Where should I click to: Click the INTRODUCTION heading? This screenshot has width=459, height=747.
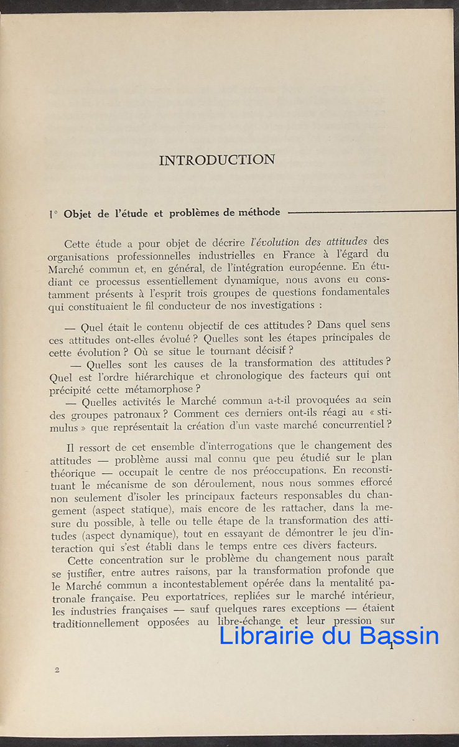coord(217,160)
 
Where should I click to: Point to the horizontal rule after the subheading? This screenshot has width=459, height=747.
coord(373,212)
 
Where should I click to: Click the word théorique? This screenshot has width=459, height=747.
coord(73,473)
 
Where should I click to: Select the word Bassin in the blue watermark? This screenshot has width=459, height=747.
coord(401,636)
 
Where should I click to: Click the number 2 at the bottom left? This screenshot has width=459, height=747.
coord(57,670)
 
